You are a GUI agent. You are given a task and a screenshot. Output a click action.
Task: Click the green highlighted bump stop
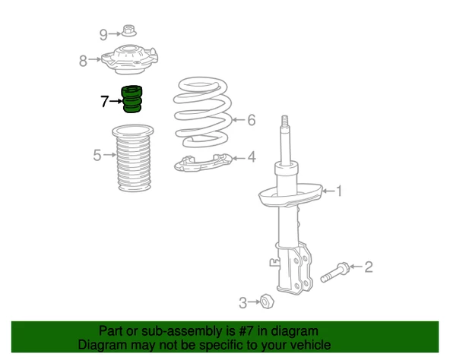point(132,99)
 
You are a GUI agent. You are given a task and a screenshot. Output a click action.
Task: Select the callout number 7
point(105,101)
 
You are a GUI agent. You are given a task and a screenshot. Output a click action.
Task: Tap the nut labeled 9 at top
point(129,30)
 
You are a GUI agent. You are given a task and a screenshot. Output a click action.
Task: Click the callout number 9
point(103,35)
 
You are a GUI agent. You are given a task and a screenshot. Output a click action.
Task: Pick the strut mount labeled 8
point(129,59)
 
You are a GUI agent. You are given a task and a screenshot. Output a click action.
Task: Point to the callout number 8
point(83,61)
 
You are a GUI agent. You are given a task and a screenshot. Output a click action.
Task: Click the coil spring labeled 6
point(202,112)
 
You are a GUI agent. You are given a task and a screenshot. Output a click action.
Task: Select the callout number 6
point(252,120)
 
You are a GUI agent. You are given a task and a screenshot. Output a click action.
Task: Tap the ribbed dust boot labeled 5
point(133,158)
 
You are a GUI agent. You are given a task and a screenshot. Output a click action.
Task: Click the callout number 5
point(97,155)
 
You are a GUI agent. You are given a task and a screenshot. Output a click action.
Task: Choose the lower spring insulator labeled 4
point(203,163)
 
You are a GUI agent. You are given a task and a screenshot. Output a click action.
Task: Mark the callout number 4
point(252,157)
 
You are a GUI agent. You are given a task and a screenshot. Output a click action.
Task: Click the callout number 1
point(339,191)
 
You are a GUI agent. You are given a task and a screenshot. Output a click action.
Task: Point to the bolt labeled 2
point(334,273)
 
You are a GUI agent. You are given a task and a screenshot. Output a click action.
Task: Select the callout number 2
point(369,267)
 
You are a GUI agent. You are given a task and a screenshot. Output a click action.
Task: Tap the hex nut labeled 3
point(267,302)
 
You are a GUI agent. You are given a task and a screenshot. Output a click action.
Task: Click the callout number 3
point(242,303)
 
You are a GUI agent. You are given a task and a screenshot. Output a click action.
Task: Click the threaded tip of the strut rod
point(284,121)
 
